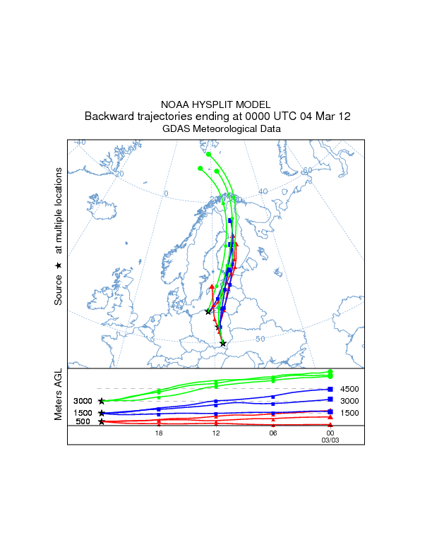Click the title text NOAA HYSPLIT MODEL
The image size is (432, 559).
tap(216, 104)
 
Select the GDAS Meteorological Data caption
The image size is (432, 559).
tap(222, 129)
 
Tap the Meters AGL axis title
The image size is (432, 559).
tap(59, 396)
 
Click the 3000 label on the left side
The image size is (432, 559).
tap(83, 401)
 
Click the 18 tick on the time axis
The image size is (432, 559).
tap(159, 434)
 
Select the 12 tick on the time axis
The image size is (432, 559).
tap(215, 434)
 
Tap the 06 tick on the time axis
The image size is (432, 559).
tap(272, 434)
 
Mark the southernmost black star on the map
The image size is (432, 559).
tap(223, 344)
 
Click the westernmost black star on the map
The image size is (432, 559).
tap(208, 311)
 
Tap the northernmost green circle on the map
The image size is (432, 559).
tap(208, 154)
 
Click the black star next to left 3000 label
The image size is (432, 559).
tap(102, 401)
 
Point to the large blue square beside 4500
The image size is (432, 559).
tap(330, 389)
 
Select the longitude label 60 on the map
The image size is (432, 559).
tap(307, 171)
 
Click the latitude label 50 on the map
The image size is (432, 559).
tap(260, 339)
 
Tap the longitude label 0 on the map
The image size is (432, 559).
tap(166, 193)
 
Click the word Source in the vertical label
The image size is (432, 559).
tap(59, 290)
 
